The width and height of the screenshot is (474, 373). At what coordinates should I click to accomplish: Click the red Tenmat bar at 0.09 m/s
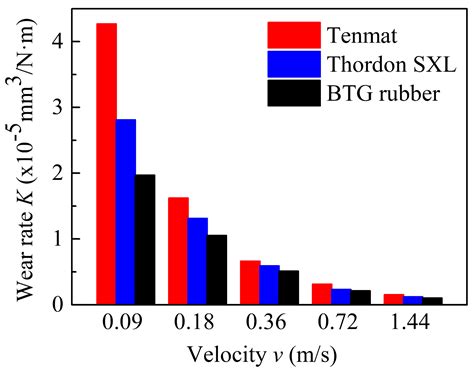point(106,164)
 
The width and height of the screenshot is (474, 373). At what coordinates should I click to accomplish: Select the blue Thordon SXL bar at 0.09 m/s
point(126,212)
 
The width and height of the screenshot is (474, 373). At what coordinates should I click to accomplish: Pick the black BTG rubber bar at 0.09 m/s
point(145,240)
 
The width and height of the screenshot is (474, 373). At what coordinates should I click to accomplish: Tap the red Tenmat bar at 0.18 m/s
point(178,251)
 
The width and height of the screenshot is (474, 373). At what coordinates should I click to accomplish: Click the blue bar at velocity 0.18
point(198,261)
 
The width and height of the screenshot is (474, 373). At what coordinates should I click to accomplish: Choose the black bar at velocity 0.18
point(217,270)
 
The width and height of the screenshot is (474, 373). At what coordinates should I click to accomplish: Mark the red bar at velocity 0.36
point(250,283)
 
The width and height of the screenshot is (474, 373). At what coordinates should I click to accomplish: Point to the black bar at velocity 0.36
point(289,288)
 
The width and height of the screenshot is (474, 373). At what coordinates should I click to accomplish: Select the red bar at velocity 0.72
point(322,294)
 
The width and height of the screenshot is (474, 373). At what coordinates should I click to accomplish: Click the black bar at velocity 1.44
point(433,301)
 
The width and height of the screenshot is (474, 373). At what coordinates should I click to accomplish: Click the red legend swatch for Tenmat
point(294,35)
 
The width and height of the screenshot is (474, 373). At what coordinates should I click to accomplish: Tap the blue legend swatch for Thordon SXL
point(294,64)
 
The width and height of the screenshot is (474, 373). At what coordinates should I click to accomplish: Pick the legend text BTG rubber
point(383,93)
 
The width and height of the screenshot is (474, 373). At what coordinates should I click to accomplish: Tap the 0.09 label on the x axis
point(122,322)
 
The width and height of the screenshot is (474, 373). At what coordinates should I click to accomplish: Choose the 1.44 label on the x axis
point(410,322)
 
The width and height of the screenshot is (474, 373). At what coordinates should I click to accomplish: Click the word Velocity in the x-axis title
point(225,355)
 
